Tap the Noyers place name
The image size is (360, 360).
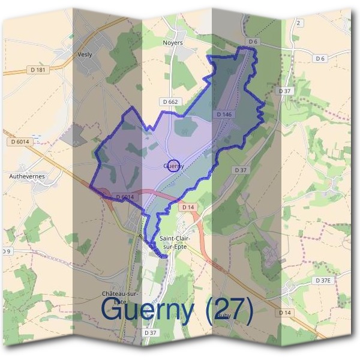click(x=173, y=43)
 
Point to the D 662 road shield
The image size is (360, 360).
click(x=170, y=102)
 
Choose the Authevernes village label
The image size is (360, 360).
click(x=28, y=177)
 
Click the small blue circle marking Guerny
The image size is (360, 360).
click(x=173, y=166)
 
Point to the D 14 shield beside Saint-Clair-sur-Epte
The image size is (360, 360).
click(x=187, y=207)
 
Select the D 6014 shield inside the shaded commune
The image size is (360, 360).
click(x=122, y=197)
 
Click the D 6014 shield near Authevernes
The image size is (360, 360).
click(x=20, y=142)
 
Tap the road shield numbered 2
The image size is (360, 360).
click(x=298, y=23)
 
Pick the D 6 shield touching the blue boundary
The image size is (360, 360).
click(x=252, y=41)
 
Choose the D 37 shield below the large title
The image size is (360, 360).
click(x=150, y=332)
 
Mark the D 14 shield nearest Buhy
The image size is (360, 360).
click(x=285, y=313)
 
